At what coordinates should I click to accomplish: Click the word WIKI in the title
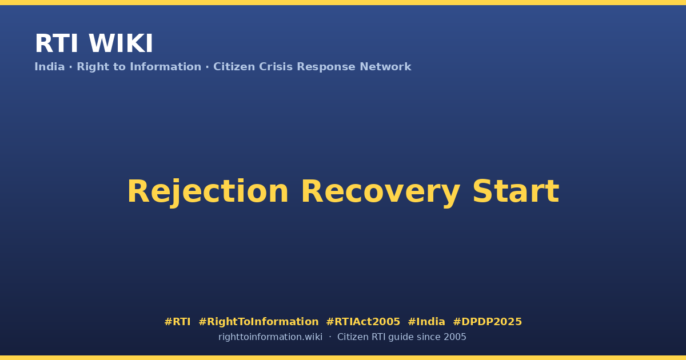(x=121, y=43)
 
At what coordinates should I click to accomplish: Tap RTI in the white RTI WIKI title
(x=57, y=43)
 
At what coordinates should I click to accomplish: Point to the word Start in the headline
(x=516, y=191)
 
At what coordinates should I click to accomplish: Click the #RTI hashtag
(x=177, y=322)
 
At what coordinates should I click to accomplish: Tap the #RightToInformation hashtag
(x=258, y=322)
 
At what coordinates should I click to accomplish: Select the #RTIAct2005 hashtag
(x=363, y=322)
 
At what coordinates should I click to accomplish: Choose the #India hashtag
(x=426, y=322)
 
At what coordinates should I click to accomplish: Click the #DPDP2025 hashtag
(x=487, y=322)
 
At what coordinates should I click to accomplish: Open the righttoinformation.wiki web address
(x=270, y=337)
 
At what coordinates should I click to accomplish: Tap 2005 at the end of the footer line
(x=455, y=337)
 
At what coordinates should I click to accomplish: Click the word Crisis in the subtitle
(x=276, y=67)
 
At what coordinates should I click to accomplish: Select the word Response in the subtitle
(x=326, y=67)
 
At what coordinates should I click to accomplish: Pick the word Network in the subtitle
(x=385, y=67)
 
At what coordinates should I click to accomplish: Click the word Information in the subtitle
(x=166, y=67)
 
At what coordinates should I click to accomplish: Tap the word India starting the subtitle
(x=50, y=67)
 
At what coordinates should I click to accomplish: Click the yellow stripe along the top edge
(x=343, y=2)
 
